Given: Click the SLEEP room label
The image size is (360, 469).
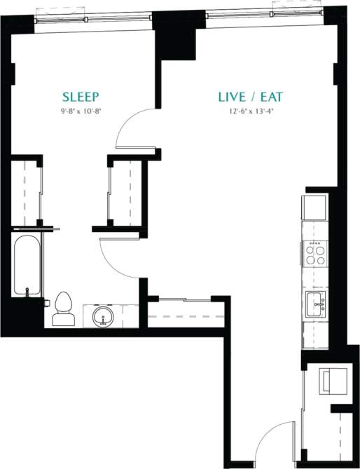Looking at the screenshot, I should tap(81, 97).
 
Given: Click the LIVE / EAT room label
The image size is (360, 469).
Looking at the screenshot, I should tap(250, 97).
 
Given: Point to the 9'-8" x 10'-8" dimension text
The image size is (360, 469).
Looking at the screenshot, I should tap(81, 110).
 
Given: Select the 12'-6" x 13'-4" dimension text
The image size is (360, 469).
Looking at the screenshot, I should tap(250, 110).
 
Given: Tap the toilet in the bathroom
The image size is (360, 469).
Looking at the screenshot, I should tap(64, 308).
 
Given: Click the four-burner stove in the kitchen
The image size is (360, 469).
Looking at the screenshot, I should tap(316, 253).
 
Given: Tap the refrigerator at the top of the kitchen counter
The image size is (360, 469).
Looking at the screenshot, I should tap(314, 208).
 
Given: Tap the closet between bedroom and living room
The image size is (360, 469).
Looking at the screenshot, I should tap(126, 193).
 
